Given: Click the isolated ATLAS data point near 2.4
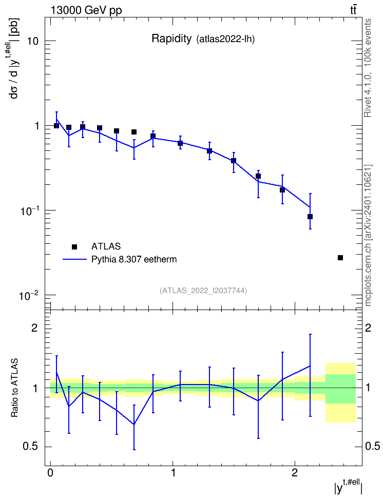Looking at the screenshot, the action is click(340, 257).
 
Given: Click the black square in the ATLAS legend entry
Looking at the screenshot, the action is click(74, 246).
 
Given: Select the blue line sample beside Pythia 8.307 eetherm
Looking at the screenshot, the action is click(74, 259).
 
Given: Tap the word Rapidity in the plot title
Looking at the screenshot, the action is click(171, 39).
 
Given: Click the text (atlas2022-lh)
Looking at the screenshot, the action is click(226, 39).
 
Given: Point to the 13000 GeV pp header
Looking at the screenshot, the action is click(86, 10).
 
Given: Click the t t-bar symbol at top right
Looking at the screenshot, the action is click(353, 10).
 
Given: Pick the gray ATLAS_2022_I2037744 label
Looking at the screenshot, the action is click(203, 290).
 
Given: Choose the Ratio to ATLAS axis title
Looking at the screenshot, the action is click(14, 388).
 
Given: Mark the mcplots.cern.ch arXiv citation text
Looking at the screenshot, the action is click(368, 235).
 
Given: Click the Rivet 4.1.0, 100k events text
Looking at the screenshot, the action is click(368, 68).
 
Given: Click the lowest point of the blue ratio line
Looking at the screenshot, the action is click(134, 424).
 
